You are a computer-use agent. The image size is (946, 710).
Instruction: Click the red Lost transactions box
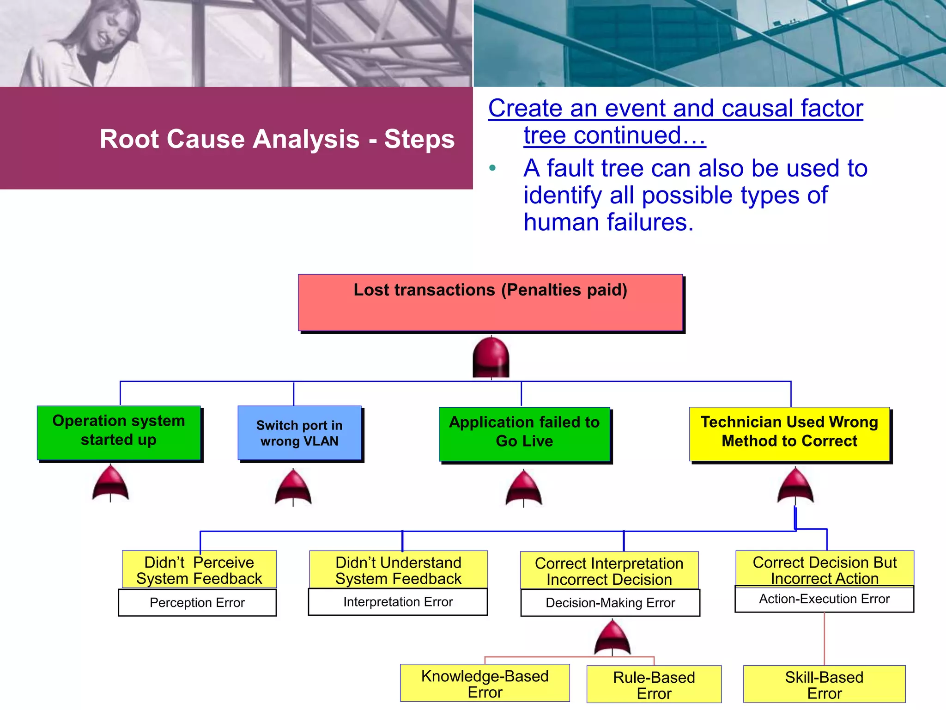490,302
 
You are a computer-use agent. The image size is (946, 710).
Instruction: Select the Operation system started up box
119,433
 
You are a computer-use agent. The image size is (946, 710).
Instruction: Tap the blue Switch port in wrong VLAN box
299,433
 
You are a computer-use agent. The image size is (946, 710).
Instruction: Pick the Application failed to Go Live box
524,434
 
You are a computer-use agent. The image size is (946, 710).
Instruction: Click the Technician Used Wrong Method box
789,434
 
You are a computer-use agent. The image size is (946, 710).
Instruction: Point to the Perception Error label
197,602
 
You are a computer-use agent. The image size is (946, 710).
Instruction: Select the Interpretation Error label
398,602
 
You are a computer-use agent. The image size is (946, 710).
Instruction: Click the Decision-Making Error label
610,603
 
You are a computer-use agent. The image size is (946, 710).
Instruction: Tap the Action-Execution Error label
824,599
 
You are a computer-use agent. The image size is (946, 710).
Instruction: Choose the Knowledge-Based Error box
485,683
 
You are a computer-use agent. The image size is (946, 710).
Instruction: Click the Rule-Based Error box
654,685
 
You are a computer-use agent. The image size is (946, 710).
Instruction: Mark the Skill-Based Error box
824,685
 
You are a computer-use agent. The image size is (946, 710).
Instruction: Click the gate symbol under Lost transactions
491,357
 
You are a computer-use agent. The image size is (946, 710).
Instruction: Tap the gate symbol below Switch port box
293,487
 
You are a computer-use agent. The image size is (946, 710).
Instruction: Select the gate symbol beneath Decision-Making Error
612,638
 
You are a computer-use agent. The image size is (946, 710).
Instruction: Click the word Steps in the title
419,139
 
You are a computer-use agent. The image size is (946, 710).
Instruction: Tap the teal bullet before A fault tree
492,168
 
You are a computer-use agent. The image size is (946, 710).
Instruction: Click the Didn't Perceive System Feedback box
199,569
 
